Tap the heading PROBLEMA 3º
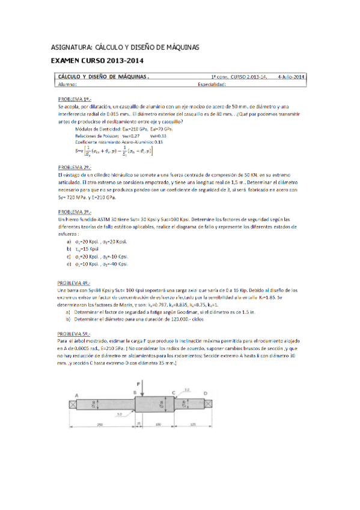75,212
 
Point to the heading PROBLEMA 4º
75,283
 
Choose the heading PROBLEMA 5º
75,334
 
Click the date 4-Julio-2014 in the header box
292,77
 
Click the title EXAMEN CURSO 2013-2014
97,60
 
